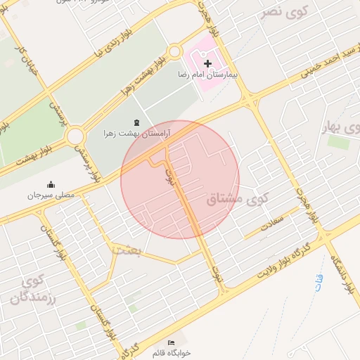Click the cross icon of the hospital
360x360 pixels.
[x=207, y=64]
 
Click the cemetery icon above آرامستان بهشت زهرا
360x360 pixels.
[x=136, y=123]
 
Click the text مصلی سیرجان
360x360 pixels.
[x=51, y=195]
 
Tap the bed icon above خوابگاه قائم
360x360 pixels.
[x=171, y=342]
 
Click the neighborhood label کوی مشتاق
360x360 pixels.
[x=239, y=200]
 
